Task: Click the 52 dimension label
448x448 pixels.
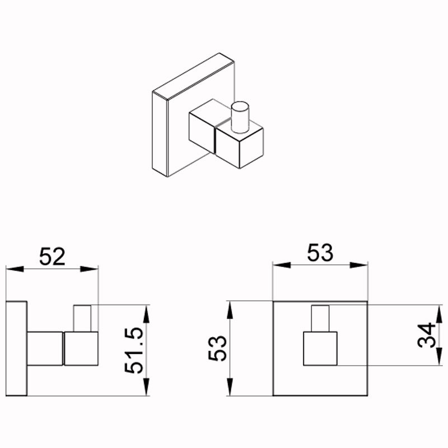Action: tap(52, 256)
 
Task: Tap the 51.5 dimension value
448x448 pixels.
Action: tap(134, 351)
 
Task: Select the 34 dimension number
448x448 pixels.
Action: tap(426, 335)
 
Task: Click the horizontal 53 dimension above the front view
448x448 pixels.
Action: tap(320, 253)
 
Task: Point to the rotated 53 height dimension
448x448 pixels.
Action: tap(217, 348)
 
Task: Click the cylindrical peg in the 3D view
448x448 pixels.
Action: tap(240, 117)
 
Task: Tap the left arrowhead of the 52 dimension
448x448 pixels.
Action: tap(15, 269)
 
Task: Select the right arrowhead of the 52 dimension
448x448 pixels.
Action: tap(89, 269)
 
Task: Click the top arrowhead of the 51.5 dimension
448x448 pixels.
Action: tap(146, 314)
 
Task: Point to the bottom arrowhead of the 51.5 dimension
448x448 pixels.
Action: tap(146, 387)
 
